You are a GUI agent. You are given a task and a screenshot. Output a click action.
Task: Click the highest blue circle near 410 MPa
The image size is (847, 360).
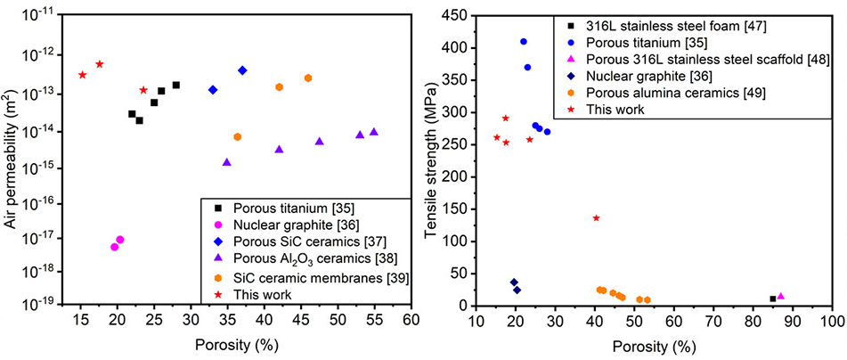coord(524,42)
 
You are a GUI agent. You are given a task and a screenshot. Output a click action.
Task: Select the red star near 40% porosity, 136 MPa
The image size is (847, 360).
coord(597,218)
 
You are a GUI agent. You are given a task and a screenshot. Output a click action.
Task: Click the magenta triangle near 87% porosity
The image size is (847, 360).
coord(781,297)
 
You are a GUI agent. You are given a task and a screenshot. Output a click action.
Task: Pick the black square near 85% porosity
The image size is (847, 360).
coord(773,299)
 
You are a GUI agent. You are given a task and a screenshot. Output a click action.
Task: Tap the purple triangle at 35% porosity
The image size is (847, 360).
coord(227,162)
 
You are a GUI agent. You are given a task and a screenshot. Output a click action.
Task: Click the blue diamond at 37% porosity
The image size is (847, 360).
coord(242,70)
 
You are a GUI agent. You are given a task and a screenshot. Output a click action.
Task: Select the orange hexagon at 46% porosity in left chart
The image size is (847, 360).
coord(308,78)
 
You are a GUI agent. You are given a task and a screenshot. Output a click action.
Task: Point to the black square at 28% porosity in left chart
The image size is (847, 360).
coord(176,85)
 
